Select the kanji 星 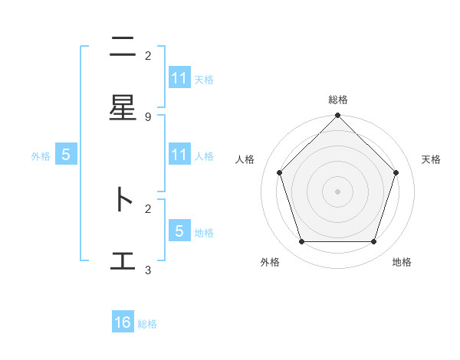coord(123,108)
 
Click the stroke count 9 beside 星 coord(148,116)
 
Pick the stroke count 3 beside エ coord(148,270)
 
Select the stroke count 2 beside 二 coord(148,55)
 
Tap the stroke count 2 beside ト coord(148,208)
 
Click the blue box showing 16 coord(123,322)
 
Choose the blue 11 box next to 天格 coord(179,78)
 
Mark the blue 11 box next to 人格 coord(179,155)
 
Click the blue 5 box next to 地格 coord(179,231)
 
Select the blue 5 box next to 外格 coord(66,155)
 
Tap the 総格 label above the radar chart coord(338,100)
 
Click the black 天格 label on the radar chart coord(431,159)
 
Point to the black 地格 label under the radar coord(402,262)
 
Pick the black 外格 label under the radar coord(270,262)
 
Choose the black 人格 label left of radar coord(245,159)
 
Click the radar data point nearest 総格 coord(338,116)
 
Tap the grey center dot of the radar coord(338,191)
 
